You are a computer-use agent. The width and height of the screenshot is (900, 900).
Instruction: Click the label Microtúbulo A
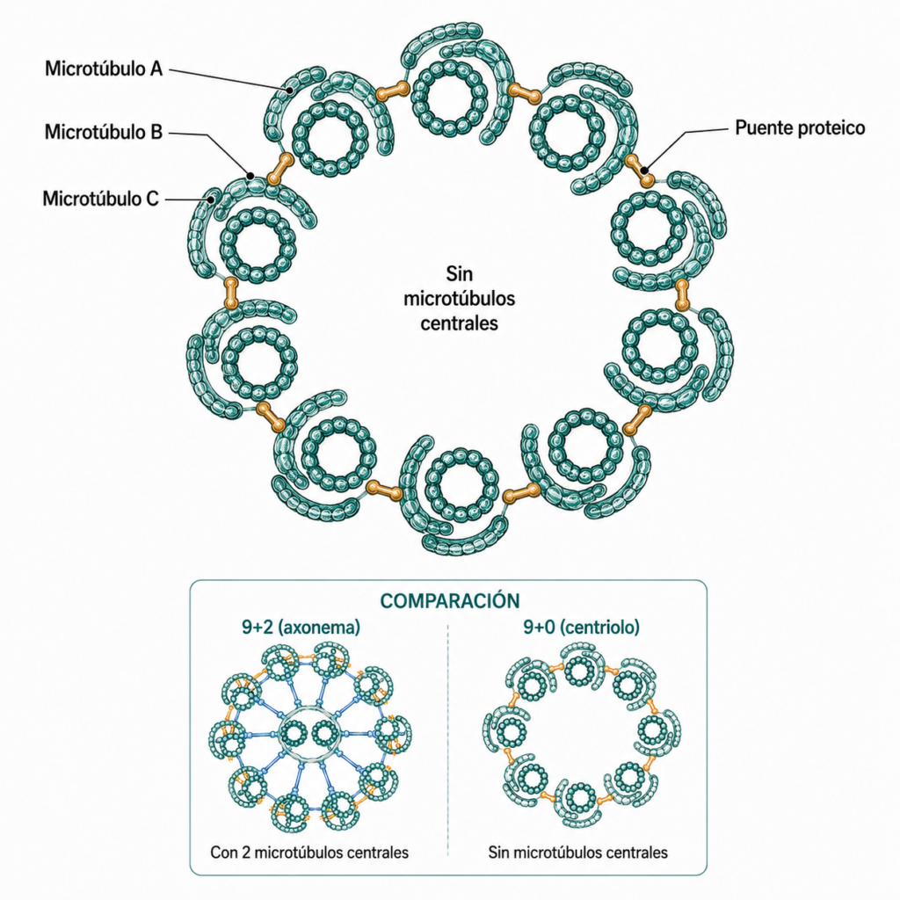(x=104, y=69)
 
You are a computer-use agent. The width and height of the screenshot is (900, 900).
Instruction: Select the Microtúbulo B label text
(x=104, y=132)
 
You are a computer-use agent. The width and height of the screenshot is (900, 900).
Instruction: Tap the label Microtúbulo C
(x=100, y=199)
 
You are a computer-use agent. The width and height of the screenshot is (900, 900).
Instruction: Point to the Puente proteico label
(x=800, y=127)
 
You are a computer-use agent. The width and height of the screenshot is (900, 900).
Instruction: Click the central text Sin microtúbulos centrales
(x=459, y=299)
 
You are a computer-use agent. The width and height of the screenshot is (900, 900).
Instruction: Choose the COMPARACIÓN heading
(x=450, y=601)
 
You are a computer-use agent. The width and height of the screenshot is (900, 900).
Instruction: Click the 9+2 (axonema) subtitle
(x=301, y=628)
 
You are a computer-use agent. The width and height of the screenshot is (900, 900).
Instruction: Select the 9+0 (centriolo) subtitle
(x=582, y=628)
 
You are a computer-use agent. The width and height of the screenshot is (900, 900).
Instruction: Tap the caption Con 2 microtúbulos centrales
(x=309, y=853)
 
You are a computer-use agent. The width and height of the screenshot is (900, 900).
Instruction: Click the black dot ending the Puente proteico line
(x=645, y=170)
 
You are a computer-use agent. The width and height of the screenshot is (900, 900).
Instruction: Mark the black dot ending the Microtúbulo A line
(x=290, y=91)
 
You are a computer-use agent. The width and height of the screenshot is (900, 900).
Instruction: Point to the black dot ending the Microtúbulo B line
(x=250, y=175)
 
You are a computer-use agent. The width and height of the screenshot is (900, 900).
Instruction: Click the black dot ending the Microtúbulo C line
(x=212, y=200)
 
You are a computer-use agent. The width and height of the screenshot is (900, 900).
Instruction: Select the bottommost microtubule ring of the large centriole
(x=462, y=486)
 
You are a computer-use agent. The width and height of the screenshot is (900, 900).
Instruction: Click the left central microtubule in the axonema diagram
(x=294, y=734)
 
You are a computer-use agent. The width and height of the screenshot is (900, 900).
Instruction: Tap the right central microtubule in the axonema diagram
(x=325, y=734)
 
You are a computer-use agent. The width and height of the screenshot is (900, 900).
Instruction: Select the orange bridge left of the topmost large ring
(x=392, y=91)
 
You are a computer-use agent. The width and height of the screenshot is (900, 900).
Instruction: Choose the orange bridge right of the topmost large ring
(x=525, y=91)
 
